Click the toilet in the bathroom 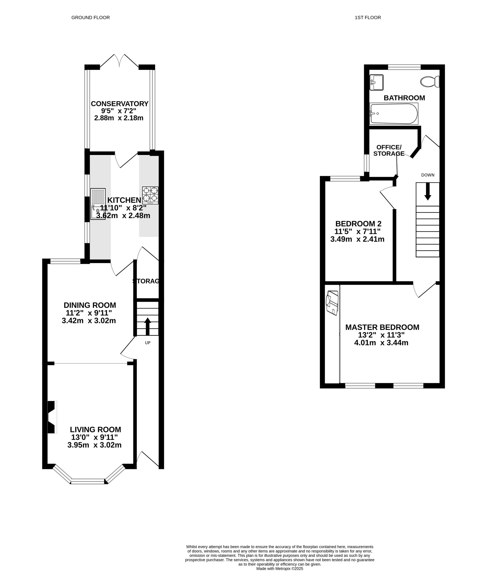[x=430, y=82]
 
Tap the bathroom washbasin [x=376, y=82]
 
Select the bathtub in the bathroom [x=394, y=114]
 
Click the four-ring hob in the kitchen [x=150, y=195]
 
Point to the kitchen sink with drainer [x=98, y=204]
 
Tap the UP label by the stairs [x=148, y=343]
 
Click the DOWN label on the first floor [x=428, y=175]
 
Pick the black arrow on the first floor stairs [x=428, y=191]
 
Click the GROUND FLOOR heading [x=91, y=18]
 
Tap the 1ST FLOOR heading [x=368, y=18]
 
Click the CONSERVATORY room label [x=120, y=104]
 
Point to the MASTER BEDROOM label [x=382, y=327]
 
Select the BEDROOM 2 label [x=358, y=223]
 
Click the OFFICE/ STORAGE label [x=389, y=151]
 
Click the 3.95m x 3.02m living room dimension [x=94, y=445]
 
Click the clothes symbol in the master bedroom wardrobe [x=332, y=303]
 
